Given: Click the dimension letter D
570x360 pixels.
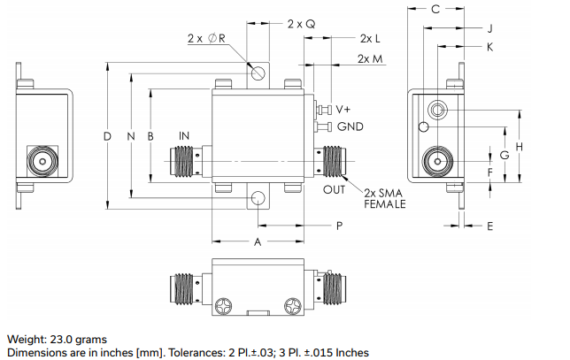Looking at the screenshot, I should tap(107, 136).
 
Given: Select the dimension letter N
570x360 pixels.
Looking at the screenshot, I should tap(130, 136).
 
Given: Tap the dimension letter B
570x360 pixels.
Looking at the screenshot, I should tap(150, 136).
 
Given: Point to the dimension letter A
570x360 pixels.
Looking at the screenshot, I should tap(258, 241).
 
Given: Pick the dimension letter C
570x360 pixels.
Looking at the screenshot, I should tap(435, 10).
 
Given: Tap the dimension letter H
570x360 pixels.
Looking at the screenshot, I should tap(520, 145).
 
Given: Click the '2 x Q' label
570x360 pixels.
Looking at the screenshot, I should tap(301, 24).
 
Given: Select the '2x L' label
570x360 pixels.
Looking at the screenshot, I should tap(370, 40).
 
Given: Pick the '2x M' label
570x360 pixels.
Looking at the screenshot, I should tap(371, 58).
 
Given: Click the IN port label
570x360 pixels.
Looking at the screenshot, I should tap(184, 136).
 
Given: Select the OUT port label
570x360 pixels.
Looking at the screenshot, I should tap(334, 189).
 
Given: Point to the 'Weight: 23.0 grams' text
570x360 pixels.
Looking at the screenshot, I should tap(58, 339).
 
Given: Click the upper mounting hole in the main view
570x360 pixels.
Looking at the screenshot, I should tap(258, 73).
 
